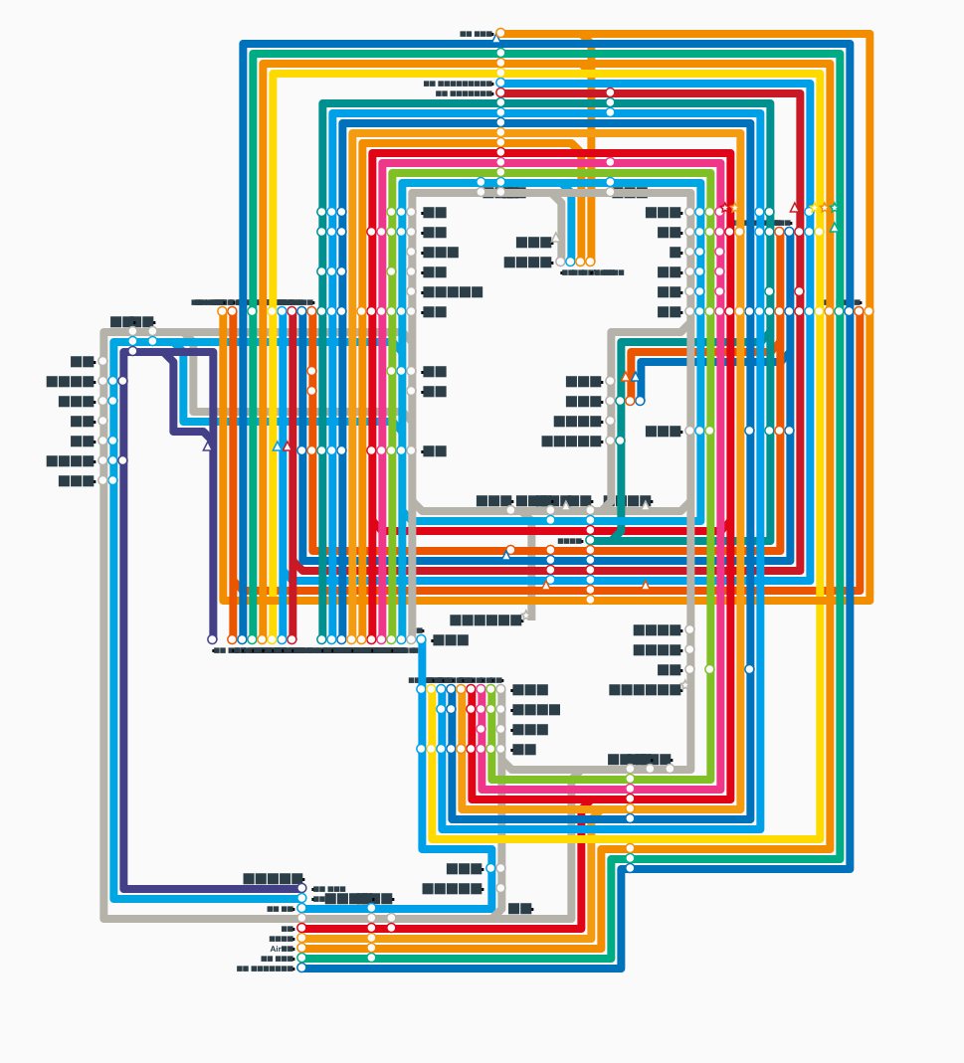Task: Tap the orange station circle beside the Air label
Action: pos(301,948)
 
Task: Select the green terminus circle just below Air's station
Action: pos(301,958)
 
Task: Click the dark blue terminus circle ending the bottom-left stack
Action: pos(301,968)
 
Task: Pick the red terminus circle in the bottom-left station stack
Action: pos(301,928)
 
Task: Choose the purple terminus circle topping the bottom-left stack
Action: pos(301,888)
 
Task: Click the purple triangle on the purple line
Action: pos(208,446)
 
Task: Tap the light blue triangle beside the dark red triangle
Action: pos(278,446)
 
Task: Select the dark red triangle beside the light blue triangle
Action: pos(288,446)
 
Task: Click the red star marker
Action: pos(725,208)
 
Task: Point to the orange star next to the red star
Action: pos(734,208)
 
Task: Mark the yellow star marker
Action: pos(814,208)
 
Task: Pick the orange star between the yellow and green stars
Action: pos(824,208)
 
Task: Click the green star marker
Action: pos(834,208)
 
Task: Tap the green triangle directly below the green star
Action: pos(834,228)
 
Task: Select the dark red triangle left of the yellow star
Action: pos(794,208)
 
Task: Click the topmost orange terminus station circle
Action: pos(500,33)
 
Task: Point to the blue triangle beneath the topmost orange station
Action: pos(497,40)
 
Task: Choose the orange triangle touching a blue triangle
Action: pos(626,377)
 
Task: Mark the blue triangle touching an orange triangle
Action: pos(635,377)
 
